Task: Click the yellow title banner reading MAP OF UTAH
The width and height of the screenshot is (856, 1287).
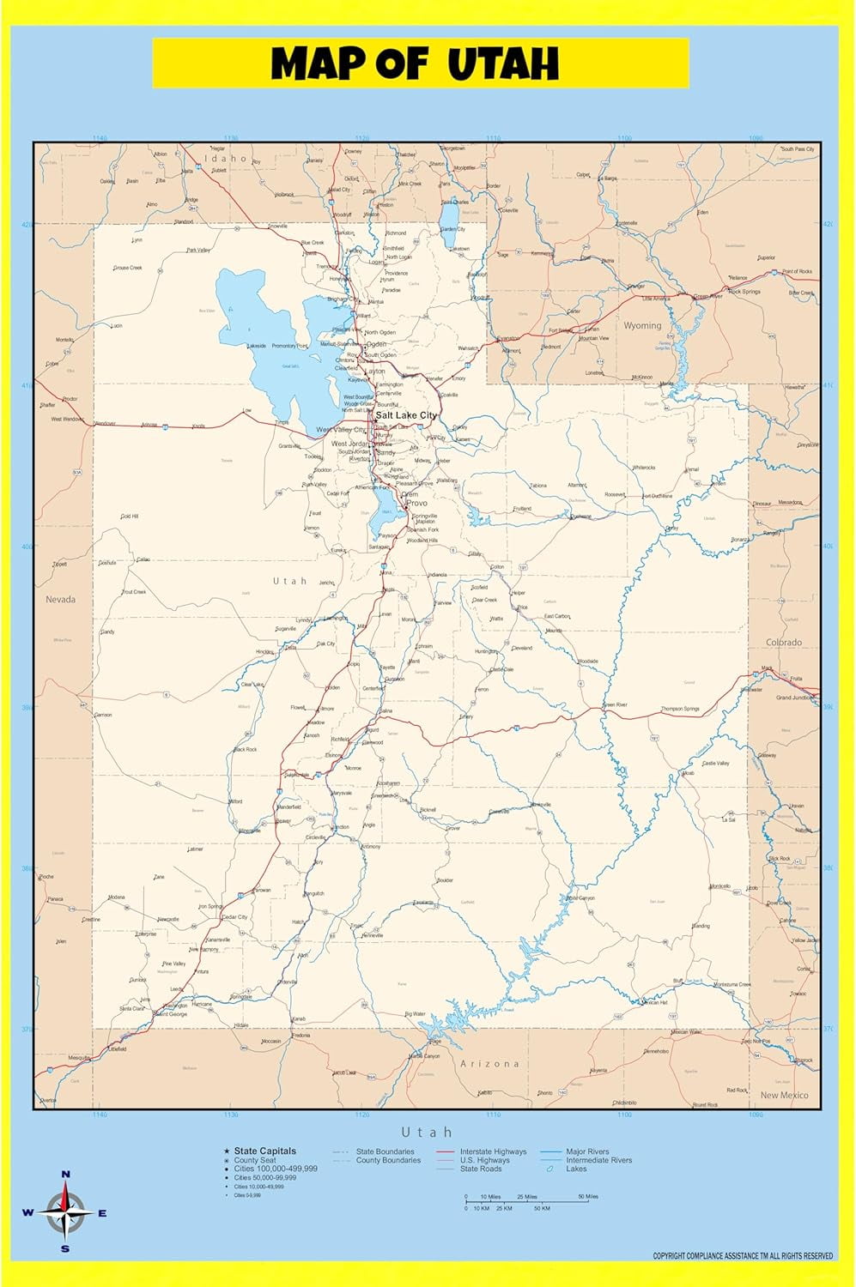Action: click(x=420, y=63)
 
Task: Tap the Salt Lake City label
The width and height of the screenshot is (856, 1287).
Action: click(x=406, y=415)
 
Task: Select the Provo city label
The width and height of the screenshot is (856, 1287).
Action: click(x=416, y=504)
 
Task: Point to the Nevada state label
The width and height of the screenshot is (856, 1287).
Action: click(x=60, y=600)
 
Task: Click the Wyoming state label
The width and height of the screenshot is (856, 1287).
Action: click(x=642, y=326)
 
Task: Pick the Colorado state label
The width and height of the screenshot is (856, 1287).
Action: click(x=784, y=642)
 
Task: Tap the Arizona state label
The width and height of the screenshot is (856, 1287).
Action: click(x=490, y=1064)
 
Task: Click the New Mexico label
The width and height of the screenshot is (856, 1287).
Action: click(x=784, y=1096)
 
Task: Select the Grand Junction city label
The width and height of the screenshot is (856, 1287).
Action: click(x=795, y=698)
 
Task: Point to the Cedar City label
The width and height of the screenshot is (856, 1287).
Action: click(x=234, y=917)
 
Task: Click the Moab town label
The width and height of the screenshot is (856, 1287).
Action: click(x=688, y=773)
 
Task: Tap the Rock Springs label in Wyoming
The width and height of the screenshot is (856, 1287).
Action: click(x=744, y=292)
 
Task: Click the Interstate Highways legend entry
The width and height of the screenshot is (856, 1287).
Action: click(x=493, y=1151)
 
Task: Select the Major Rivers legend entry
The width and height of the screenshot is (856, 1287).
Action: click(x=587, y=1151)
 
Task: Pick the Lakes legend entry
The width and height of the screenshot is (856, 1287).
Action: click(x=576, y=1169)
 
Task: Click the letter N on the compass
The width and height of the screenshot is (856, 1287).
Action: click(x=66, y=1174)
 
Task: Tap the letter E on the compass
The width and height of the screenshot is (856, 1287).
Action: click(x=102, y=1213)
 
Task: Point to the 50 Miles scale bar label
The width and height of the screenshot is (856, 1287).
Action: click(x=588, y=1196)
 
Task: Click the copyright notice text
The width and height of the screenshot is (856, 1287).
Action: click(x=743, y=1256)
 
